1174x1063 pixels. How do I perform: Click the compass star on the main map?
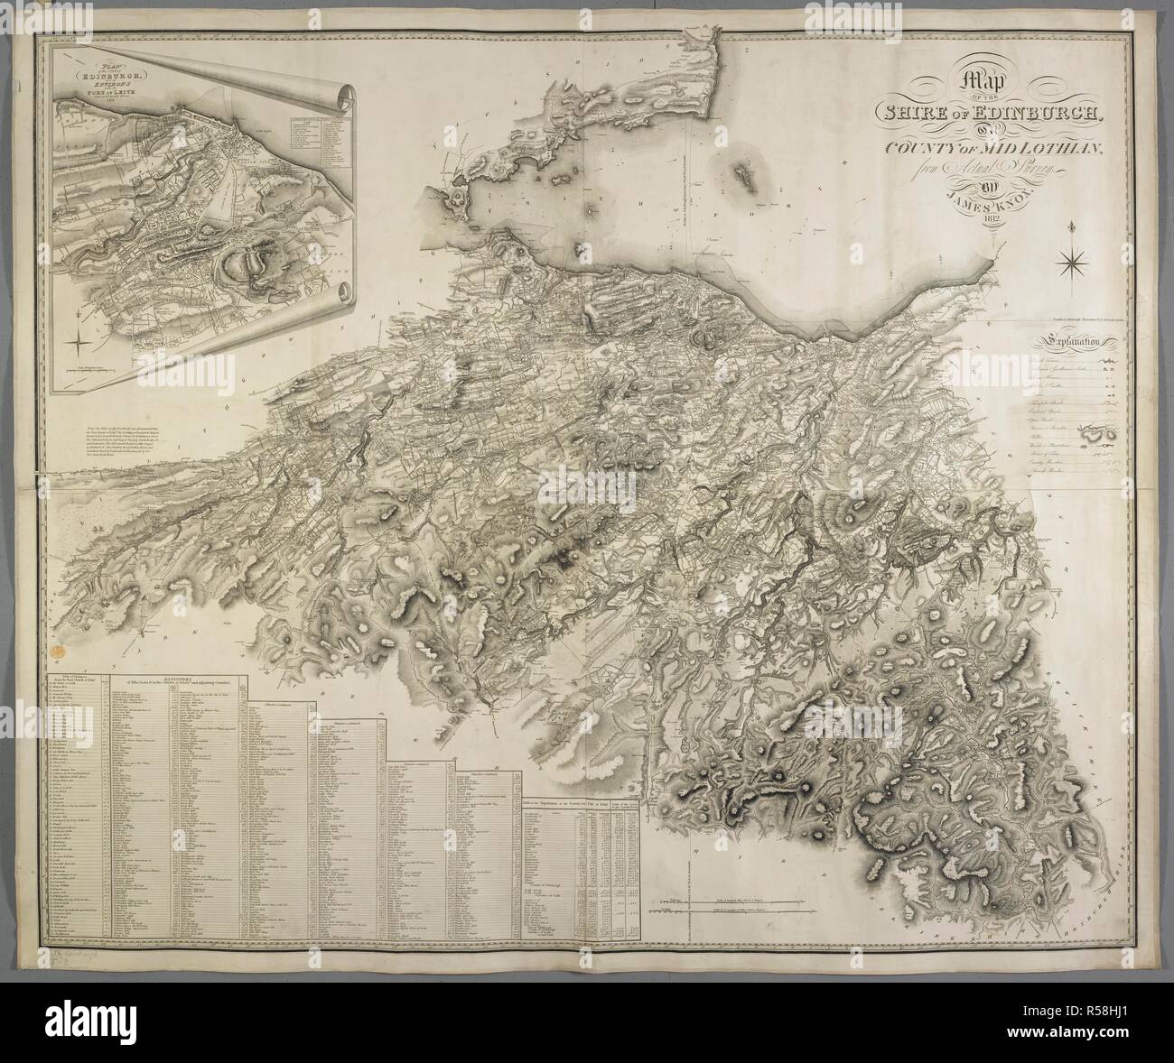tap(1074, 261)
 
